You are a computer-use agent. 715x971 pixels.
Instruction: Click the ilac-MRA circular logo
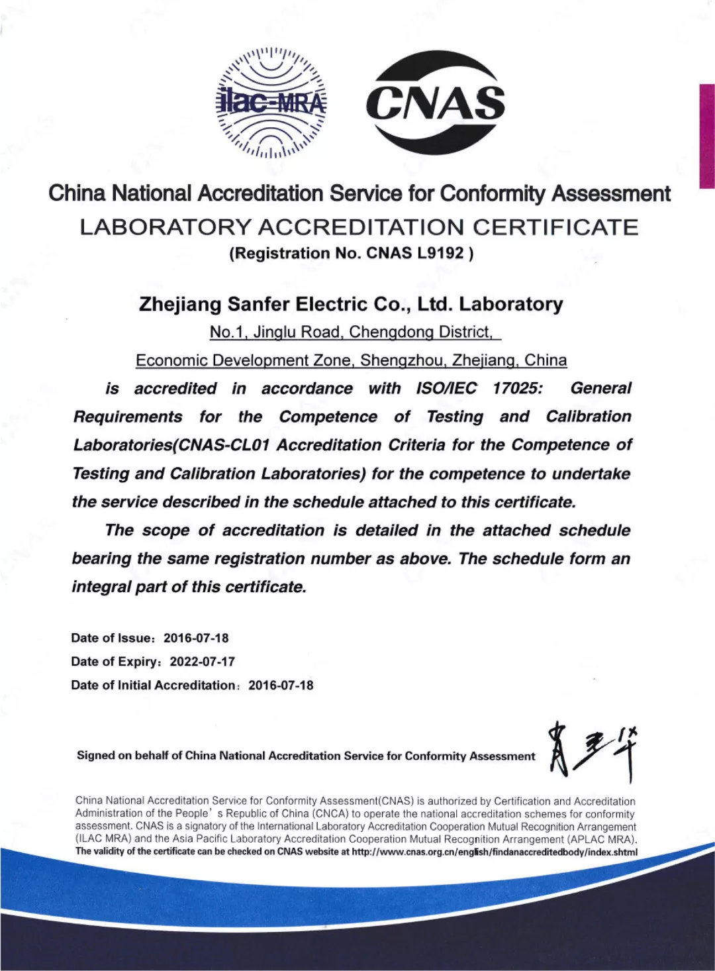point(271,103)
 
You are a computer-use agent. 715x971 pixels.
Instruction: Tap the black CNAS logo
point(435,103)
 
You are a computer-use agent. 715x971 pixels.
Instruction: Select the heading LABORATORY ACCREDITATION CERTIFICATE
point(359,227)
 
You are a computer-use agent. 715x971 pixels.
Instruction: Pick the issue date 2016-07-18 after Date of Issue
point(196,638)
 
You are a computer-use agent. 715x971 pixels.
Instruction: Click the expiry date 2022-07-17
point(202,661)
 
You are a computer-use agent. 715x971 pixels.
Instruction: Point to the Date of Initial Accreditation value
point(281,685)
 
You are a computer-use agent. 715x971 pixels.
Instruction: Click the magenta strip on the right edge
point(706,136)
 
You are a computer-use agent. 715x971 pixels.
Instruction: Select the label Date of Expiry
point(115,661)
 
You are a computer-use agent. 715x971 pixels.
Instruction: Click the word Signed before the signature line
point(95,756)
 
